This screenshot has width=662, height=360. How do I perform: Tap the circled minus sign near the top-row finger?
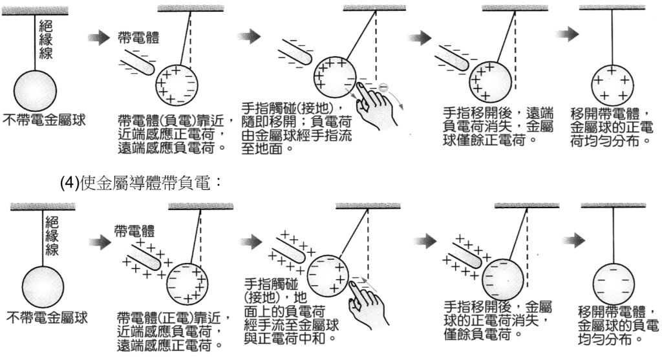point(383,87)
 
